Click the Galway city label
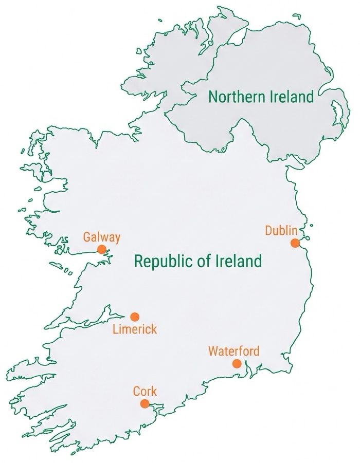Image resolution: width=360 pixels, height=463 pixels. pos(102,237)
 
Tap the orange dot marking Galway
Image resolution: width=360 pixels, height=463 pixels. pos(102,249)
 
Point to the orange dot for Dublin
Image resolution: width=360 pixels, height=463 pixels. pos(295,243)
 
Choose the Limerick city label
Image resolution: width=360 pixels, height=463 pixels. pos(134,329)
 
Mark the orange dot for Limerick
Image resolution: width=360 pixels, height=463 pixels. pos(134,317)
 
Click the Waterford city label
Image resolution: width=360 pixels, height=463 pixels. pos(233,351)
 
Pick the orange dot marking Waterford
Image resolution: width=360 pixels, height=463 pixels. pos(237,364)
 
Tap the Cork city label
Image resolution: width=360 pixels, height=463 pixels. pos(145,391)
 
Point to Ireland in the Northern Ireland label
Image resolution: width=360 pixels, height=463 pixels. pos(292,97)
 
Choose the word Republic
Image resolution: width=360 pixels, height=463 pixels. pos(163,261)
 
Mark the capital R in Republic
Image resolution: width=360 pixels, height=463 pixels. pos(138,261)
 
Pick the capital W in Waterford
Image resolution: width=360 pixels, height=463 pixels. pos(213,351)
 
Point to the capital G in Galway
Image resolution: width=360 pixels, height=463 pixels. pos(87,237)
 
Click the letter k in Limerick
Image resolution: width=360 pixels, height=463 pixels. pos(154,329)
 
